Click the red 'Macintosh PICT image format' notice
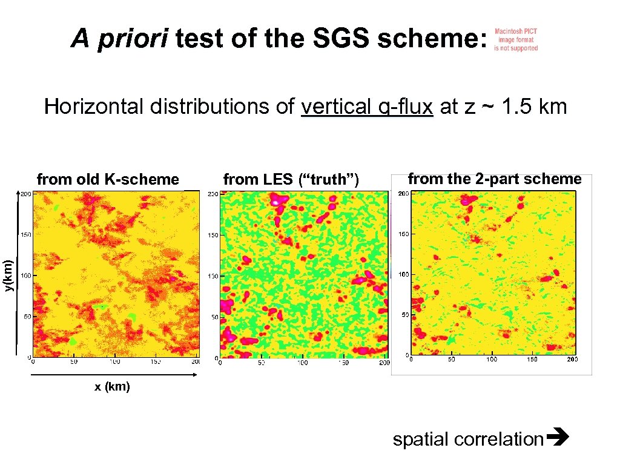click(x=516, y=40)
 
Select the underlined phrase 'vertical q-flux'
click(x=367, y=107)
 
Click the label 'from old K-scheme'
click(x=108, y=179)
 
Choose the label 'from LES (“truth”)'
click(x=291, y=179)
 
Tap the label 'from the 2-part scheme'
click(x=494, y=179)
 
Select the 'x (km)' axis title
click(x=112, y=387)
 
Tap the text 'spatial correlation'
click(x=468, y=439)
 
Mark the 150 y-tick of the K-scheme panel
click(x=26, y=235)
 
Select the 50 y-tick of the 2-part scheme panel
click(x=403, y=315)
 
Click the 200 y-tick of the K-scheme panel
click(x=26, y=194)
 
